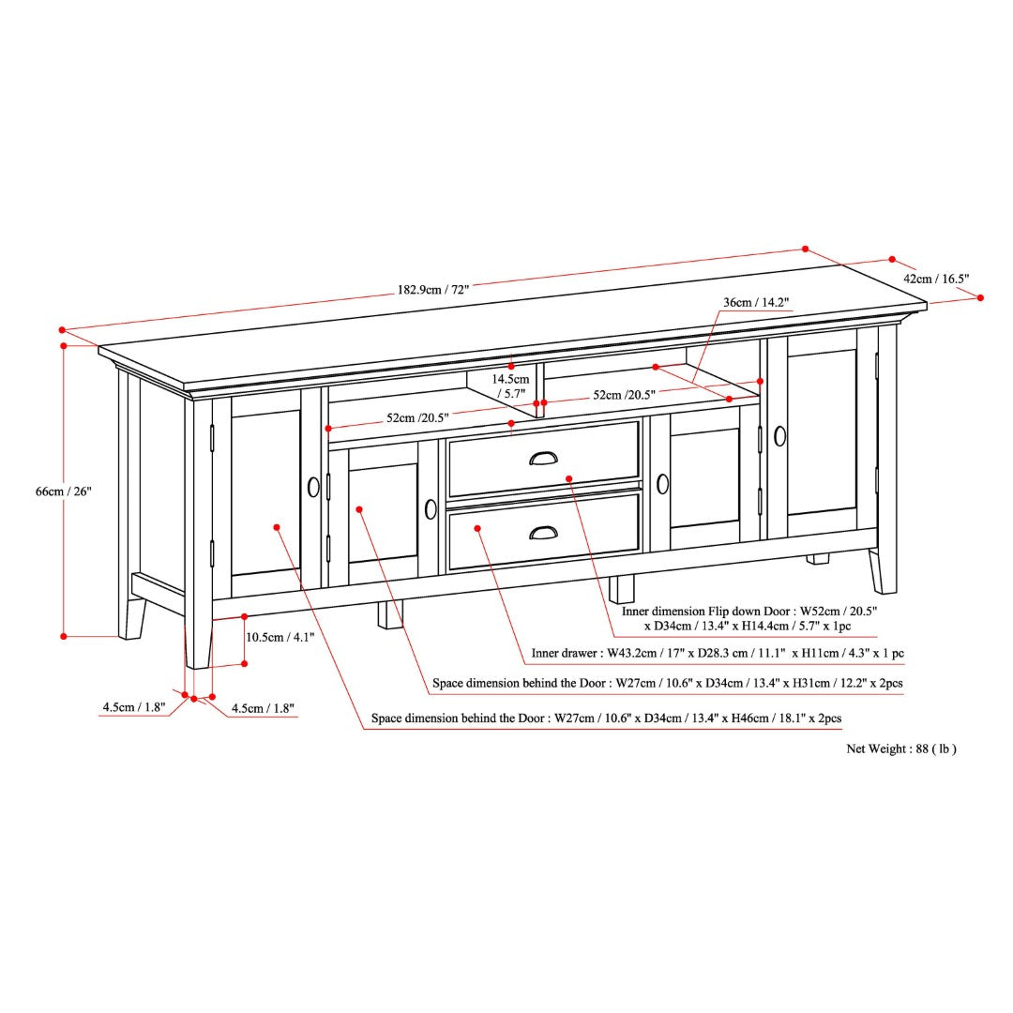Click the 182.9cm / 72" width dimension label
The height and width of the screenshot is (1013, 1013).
432,290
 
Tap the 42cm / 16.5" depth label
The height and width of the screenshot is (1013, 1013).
936,279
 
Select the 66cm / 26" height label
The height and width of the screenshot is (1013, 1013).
64,491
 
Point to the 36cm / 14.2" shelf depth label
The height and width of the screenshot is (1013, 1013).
756,302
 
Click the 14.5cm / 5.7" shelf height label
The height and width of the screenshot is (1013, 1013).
510,386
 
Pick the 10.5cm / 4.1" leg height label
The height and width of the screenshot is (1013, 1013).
280,637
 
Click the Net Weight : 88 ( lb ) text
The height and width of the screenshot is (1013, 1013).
901,748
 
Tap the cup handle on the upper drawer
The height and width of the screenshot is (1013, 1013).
543,458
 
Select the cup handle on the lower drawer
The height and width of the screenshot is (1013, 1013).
543,532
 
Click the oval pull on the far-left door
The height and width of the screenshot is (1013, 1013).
313,487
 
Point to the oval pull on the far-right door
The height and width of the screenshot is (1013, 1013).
779,436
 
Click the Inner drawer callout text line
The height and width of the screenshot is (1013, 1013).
718,653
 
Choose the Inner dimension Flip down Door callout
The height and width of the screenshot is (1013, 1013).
748,618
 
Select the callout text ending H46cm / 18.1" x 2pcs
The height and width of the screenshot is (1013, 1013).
606,718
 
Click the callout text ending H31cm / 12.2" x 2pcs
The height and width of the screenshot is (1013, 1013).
668,683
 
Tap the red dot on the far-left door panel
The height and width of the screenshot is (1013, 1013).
277,527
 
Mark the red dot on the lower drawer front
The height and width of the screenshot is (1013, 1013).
477,528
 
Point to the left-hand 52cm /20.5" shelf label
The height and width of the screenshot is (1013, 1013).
417,418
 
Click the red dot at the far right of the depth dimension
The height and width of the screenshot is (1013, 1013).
980,298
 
